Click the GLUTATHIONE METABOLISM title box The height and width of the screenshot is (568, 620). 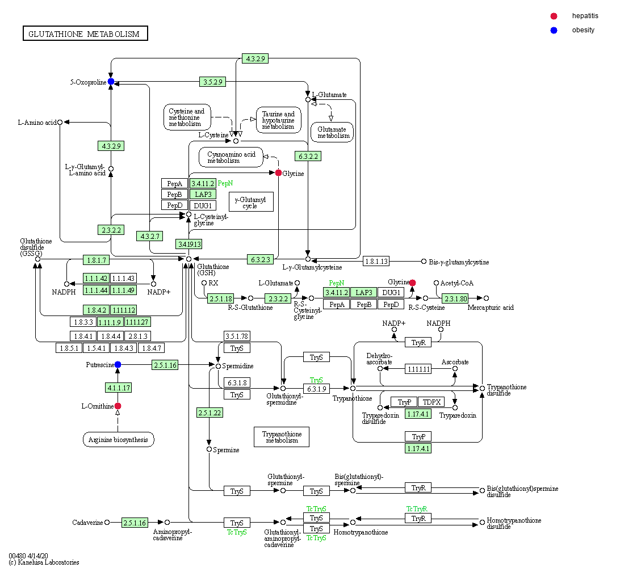coord(85,33)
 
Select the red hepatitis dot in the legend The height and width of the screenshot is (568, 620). coord(554,16)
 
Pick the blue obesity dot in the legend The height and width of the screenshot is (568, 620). coord(554,30)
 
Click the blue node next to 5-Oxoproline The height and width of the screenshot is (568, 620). coord(111,82)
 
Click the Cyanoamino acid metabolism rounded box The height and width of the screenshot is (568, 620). coord(231,157)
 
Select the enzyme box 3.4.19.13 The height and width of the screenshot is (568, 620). coord(188,244)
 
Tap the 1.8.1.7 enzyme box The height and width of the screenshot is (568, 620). coord(96,260)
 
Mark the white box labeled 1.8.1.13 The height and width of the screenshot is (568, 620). coord(376,262)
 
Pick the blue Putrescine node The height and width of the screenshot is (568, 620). coord(118,364)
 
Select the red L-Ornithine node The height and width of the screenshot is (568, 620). coord(118,406)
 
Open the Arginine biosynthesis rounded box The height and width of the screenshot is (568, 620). coord(118,440)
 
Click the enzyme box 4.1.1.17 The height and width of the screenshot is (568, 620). coord(118,388)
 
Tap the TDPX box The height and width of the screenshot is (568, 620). coord(432,402)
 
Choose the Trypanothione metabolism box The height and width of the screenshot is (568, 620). coord(281,436)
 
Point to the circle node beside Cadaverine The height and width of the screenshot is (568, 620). coord(107,523)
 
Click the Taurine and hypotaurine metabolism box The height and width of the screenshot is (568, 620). coord(278,120)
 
